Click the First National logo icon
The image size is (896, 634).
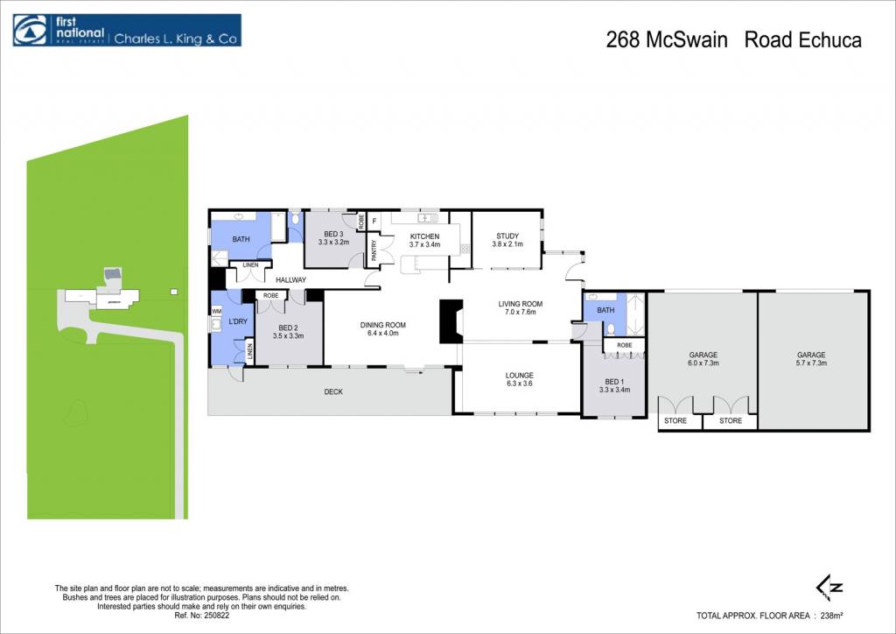click(x=31, y=30)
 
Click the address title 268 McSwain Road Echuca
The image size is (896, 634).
click(x=733, y=40)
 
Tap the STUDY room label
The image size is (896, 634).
click(x=507, y=236)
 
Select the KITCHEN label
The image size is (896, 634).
click(x=424, y=236)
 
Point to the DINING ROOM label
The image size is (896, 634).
click(x=383, y=325)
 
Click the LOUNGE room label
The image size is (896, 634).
click(x=519, y=376)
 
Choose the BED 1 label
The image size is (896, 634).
click(x=614, y=381)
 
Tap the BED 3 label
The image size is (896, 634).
click(x=333, y=234)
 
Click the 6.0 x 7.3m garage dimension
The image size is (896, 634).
click(x=703, y=363)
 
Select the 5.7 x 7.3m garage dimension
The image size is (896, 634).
click(x=811, y=363)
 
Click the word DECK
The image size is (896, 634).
click(x=333, y=391)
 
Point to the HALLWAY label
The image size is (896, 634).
click(x=290, y=280)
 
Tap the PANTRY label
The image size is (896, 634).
click(x=374, y=250)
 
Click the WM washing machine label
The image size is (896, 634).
click(x=217, y=312)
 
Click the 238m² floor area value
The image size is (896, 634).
click(x=832, y=616)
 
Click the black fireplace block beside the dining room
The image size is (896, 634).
click(x=451, y=322)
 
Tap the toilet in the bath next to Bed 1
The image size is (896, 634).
click(x=610, y=328)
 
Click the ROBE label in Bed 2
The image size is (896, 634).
click(x=271, y=296)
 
